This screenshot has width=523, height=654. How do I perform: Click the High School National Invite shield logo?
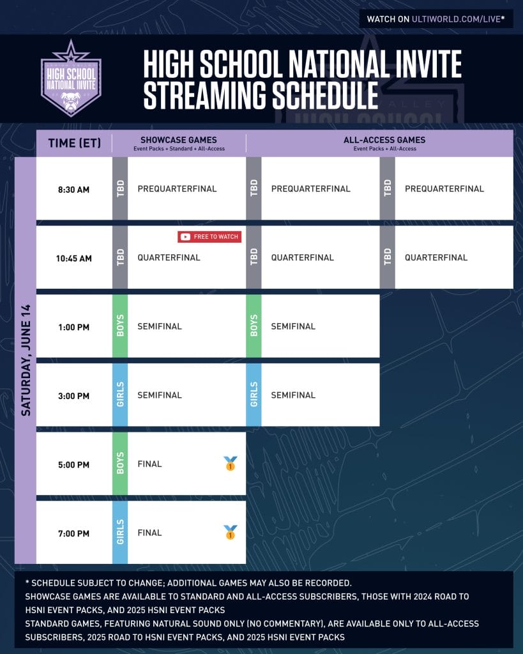71,79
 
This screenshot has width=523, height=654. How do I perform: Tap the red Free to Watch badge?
209,237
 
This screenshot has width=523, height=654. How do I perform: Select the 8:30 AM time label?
74,190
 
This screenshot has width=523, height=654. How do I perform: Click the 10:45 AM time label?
74,259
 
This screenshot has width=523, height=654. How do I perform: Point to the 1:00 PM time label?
74,328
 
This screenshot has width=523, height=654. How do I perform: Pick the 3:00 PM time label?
74,396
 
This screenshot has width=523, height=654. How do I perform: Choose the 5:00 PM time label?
74,465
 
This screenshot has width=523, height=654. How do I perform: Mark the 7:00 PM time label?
74,534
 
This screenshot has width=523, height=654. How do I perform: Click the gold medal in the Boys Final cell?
231,464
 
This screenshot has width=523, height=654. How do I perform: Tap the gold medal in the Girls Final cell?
231,532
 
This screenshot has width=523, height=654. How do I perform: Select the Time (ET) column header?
75,144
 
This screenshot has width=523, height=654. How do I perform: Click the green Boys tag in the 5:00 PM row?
120,464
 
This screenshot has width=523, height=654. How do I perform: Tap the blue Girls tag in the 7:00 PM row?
120,532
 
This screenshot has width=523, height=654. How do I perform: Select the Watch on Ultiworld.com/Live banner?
436,19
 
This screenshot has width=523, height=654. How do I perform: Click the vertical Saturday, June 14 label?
26,360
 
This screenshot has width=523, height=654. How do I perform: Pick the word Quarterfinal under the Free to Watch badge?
169,258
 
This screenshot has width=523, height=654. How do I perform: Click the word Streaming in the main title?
205,96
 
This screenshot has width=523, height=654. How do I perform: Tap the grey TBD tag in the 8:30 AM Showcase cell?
120,188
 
